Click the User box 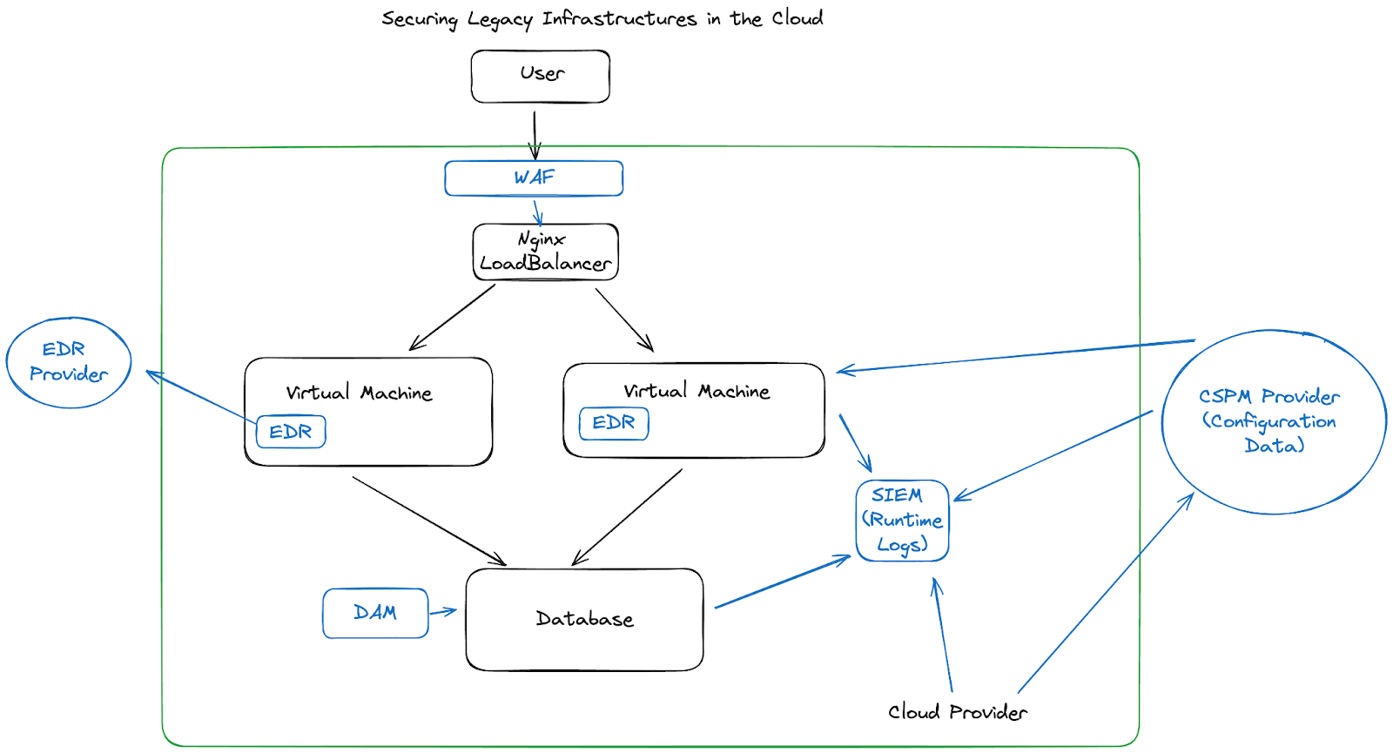(x=541, y=76)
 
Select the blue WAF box (x=534, y=178)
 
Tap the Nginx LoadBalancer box (x=546, y=252)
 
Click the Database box (x=584, y=619)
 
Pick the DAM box (x=375, y=613)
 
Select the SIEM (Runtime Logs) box (x=902, y=521)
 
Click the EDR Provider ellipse (x=69, y=362)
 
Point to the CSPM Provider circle (x=1273, y=421)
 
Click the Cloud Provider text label (x=957, y=712)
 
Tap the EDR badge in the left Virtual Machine (x=291, y=432)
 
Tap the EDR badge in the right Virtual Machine (x=614, y=423)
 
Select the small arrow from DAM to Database (x=442, y=611)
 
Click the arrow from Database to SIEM (x=782, y=582)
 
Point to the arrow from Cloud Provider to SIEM (x=943, y=635)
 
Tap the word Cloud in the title (x=797, y=18)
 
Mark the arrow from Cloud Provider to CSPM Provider (x=1106, y=592)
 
